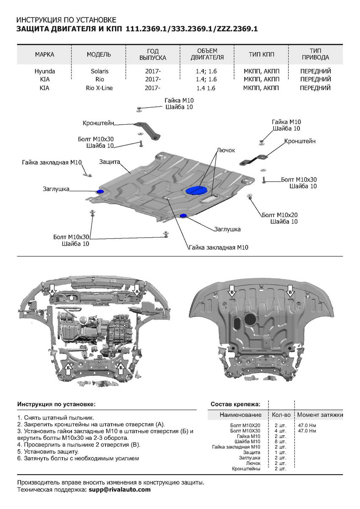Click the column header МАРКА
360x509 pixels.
[45, 54]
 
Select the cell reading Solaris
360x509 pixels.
[99, 71]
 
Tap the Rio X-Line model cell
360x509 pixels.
[99, 88]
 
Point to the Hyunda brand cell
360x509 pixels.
[45, 71]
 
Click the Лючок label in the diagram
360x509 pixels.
[226, 150]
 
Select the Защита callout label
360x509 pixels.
[110, 162]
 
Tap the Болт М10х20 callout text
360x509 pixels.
[279, 215]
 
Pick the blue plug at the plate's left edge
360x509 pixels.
[101, 192]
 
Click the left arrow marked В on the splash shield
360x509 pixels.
[232, 292]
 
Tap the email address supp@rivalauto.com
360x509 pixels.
[120, 489]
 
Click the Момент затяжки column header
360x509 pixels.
[320, 414]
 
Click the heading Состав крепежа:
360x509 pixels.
[235, 404]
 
